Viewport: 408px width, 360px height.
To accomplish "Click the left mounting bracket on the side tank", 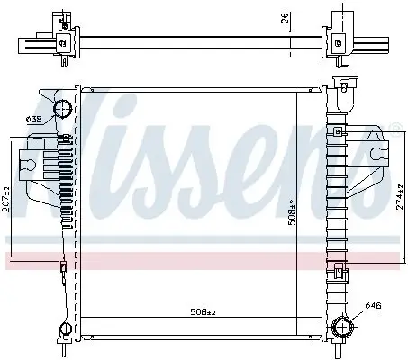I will click(x=41, y=162).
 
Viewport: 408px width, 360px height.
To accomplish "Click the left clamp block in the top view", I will click(x=62, y=37).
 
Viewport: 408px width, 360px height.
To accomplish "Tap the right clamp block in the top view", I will click(x=340, y=36).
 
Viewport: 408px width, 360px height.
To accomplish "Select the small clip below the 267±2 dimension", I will click(x=63, y=267).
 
